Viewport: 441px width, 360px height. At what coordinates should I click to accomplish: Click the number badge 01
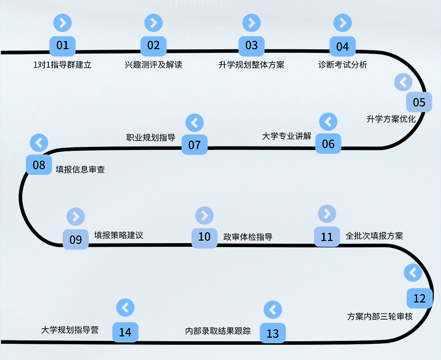point(63,45)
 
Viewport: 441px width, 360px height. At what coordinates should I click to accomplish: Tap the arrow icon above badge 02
point(154,22)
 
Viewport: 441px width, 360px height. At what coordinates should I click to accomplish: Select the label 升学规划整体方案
point(252,65)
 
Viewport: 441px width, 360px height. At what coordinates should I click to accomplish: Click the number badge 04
point(343,47)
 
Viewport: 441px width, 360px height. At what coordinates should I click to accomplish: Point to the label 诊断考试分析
point(343,65)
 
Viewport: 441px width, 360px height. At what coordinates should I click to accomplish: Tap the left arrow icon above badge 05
point(403,82)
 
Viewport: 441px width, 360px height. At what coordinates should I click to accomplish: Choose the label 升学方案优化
point(391,119)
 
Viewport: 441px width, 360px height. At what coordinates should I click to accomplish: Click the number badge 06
point(328,144)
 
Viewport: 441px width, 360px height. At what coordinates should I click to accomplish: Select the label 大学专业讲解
point(287,136)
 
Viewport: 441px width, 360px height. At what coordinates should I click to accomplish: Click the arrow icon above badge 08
point(39,143)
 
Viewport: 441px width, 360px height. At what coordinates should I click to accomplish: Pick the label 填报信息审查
point(80,170)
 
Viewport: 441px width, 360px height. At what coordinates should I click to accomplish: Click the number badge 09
point(76,240)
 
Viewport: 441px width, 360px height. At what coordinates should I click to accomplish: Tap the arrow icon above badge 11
point(327,214)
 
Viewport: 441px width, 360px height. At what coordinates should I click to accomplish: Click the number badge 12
point(420,299)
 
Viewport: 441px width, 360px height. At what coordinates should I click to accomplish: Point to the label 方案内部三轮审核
point(380,317)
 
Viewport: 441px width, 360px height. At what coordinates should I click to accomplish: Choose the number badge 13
point(273,334)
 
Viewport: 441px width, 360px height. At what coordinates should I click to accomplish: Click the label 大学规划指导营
point(69,330)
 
